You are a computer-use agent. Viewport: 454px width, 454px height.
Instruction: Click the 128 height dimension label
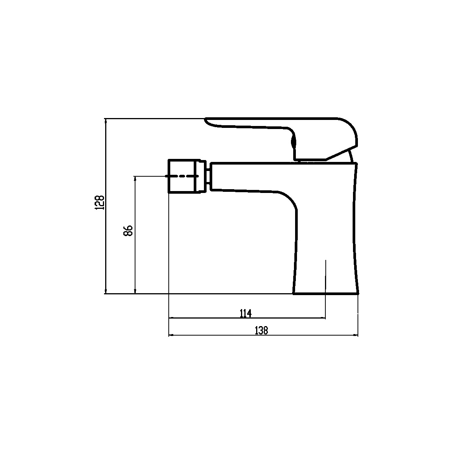pyautogui.click(x=100, y=202)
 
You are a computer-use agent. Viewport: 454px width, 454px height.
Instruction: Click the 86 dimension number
pyautogui.click(x=128, y=231)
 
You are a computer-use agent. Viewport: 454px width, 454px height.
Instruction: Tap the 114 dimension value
pyautogui.click(x=246, y=313)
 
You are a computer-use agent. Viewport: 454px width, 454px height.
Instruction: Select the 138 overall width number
pyautogui.click(x=261, y=330)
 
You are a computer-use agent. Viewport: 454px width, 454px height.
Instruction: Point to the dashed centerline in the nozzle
pyautogui.click(x=182, y=176)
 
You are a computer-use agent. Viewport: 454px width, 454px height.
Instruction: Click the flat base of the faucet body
pyautogui.click(x=326, y=294)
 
